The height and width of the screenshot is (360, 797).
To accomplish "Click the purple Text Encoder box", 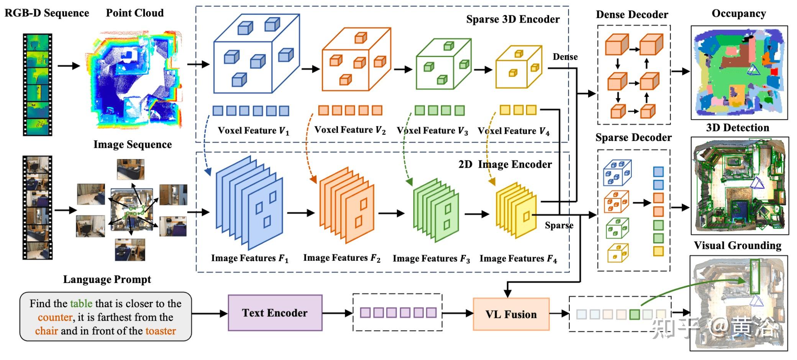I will (275, 313).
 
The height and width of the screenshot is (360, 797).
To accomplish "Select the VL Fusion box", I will (511, 314).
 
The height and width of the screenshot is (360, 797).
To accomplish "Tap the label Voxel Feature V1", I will (253, 131).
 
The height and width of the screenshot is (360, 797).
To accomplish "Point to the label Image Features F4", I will (518, 259).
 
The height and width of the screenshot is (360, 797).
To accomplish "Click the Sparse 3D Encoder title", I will (513, 19).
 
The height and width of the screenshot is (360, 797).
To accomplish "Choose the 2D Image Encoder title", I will (505, 164).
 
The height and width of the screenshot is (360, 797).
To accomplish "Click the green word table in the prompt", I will (81, 304).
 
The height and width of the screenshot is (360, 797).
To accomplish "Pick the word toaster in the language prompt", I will (161, 331).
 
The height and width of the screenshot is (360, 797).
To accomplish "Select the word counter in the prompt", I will (55, 317).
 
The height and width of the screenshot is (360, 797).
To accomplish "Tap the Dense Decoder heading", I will (632, 15).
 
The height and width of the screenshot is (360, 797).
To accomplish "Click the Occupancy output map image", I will (739, 72).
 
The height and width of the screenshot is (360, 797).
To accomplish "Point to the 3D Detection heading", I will (738, 128).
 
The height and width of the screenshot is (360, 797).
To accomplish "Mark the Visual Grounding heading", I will (738, 245).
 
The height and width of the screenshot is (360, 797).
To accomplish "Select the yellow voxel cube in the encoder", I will (519, 67).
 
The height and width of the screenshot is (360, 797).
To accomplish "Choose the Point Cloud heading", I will (134, 13).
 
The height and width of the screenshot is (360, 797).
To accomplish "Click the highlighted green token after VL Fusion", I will (635, 314).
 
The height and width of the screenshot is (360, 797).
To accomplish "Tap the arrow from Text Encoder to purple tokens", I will (337, 313).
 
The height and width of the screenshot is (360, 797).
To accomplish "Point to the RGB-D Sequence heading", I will (47, 13).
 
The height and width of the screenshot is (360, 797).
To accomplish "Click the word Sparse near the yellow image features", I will (559, 225).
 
